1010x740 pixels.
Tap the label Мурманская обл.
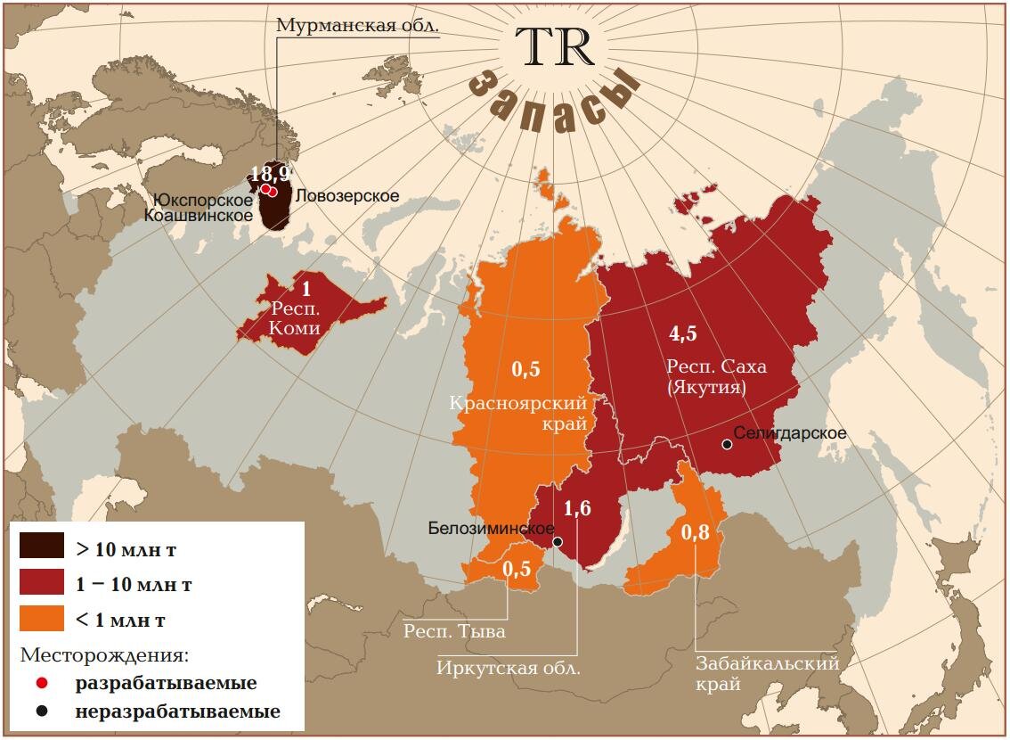pyautogui.click(x=358, y=24)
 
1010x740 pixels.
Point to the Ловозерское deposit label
pyautogui.click(x=346, y=196)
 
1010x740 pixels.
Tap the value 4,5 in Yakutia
pyautogui.click(x=682, y=333)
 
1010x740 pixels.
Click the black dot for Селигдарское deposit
pyautogui.click(x=727, y=444)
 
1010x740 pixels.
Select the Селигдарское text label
pyautogui.click(x=789, y=433)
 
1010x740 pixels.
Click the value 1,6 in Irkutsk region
pyautogui.click(x=577, y=509)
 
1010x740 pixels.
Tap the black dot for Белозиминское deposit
pyautogui.click(x=558, y=541)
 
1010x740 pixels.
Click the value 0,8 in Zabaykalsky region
pyautogui.click(x=696, y=533)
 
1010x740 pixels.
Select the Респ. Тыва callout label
pyautogui.click(x=454, y=632)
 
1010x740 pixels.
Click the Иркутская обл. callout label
pyautogui.click(x=509, y=667)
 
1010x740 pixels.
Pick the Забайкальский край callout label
pyautogui.click(x=769, y=673)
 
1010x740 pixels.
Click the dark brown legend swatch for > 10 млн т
pyautogui.click(x=42, y=547)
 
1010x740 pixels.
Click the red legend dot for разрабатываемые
pyautogui.click(x=41, y=684)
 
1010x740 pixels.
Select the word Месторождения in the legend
pyautogui.click(x=104, y=655)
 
